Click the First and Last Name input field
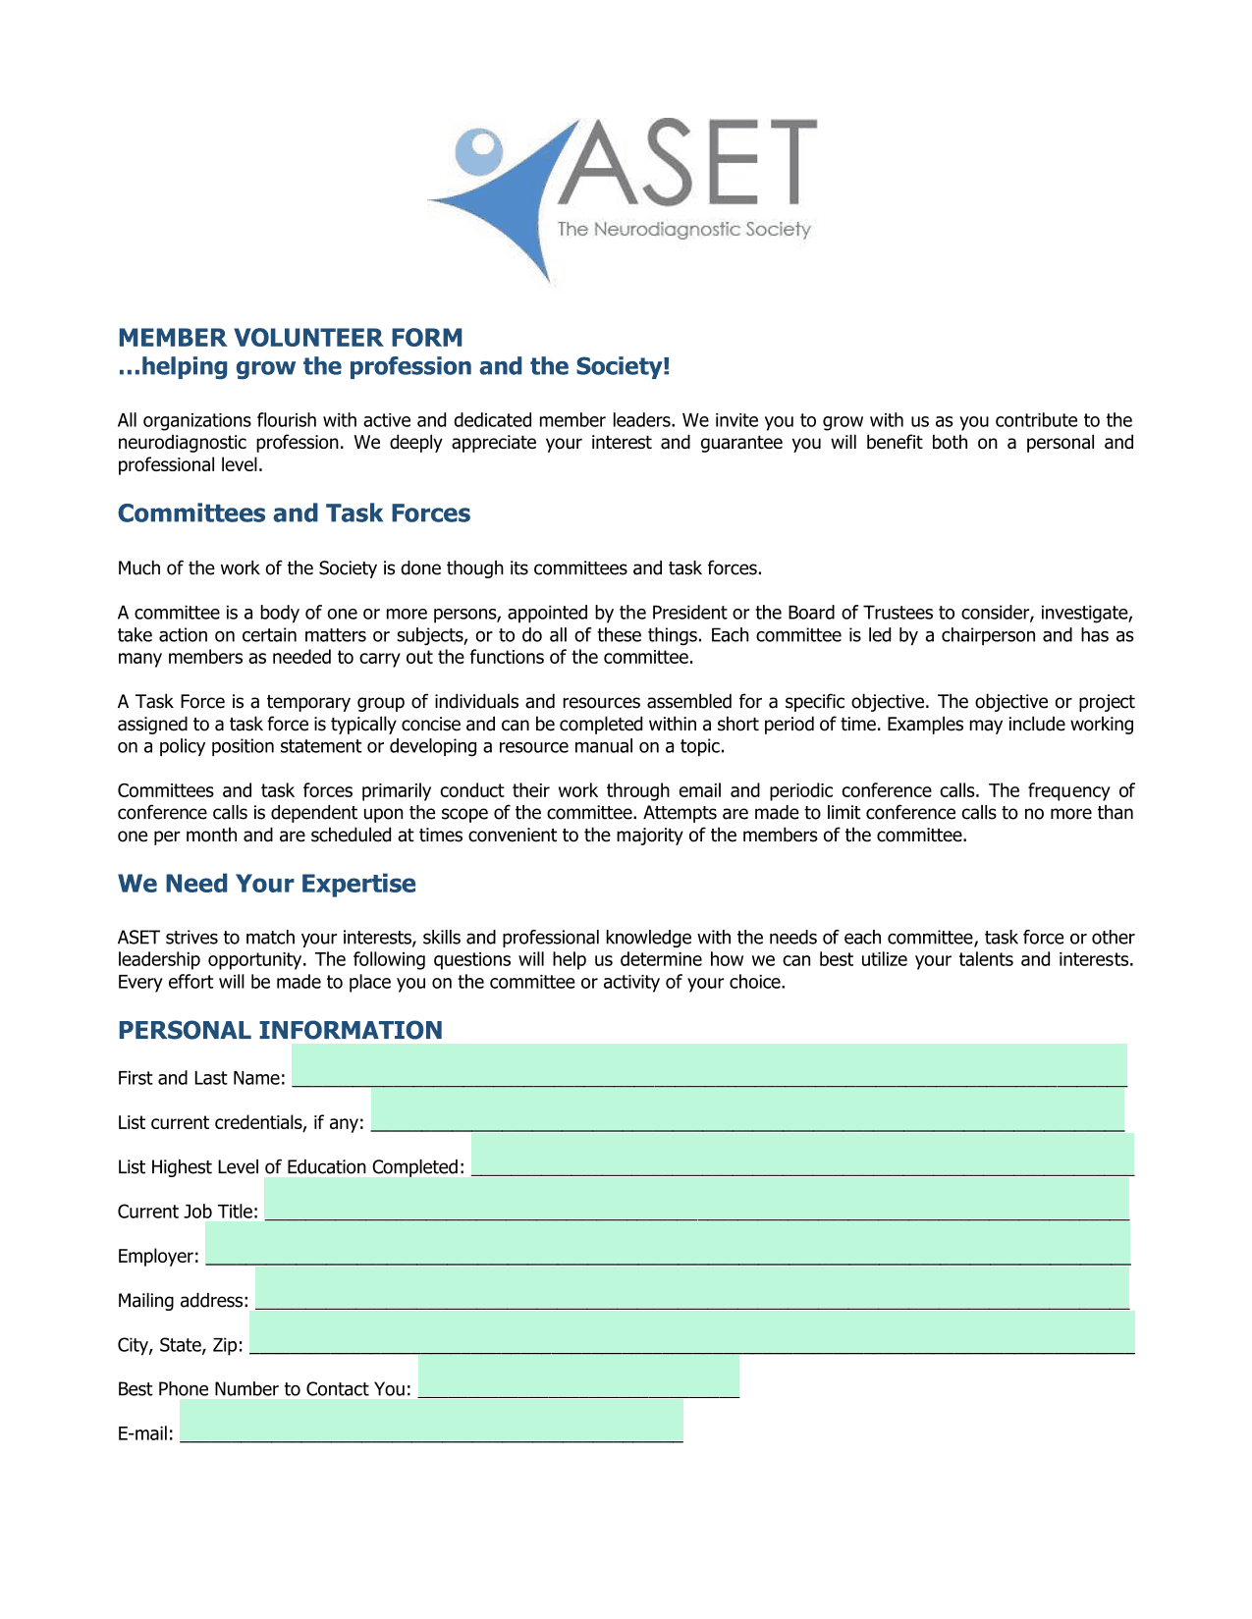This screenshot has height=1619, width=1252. tap(709, 1065)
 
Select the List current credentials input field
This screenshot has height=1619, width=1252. tap(747, 1110)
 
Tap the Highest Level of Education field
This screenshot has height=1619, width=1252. tap(802, 1155)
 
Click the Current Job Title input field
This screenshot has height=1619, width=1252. tap(696, 1199)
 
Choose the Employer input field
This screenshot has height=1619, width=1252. tap(667, 1243)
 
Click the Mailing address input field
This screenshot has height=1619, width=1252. tap(691, 1288)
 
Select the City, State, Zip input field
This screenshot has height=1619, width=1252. tap(691, 1332)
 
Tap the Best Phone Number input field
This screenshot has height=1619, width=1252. tap(578, 1376)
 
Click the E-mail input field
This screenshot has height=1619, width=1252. tap(431, 1422)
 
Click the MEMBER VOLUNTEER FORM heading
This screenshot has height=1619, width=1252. tap(290, 338)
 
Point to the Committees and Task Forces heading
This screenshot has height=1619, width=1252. tap(294, 513)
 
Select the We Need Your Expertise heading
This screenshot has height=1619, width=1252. tap(266, 884)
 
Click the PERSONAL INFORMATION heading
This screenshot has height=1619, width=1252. tap(280, 1030)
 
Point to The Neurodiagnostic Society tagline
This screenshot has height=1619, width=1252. tap(683, 230)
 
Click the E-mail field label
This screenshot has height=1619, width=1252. tap(145, 1434)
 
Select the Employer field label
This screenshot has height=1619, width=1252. tap(158, 1257)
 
